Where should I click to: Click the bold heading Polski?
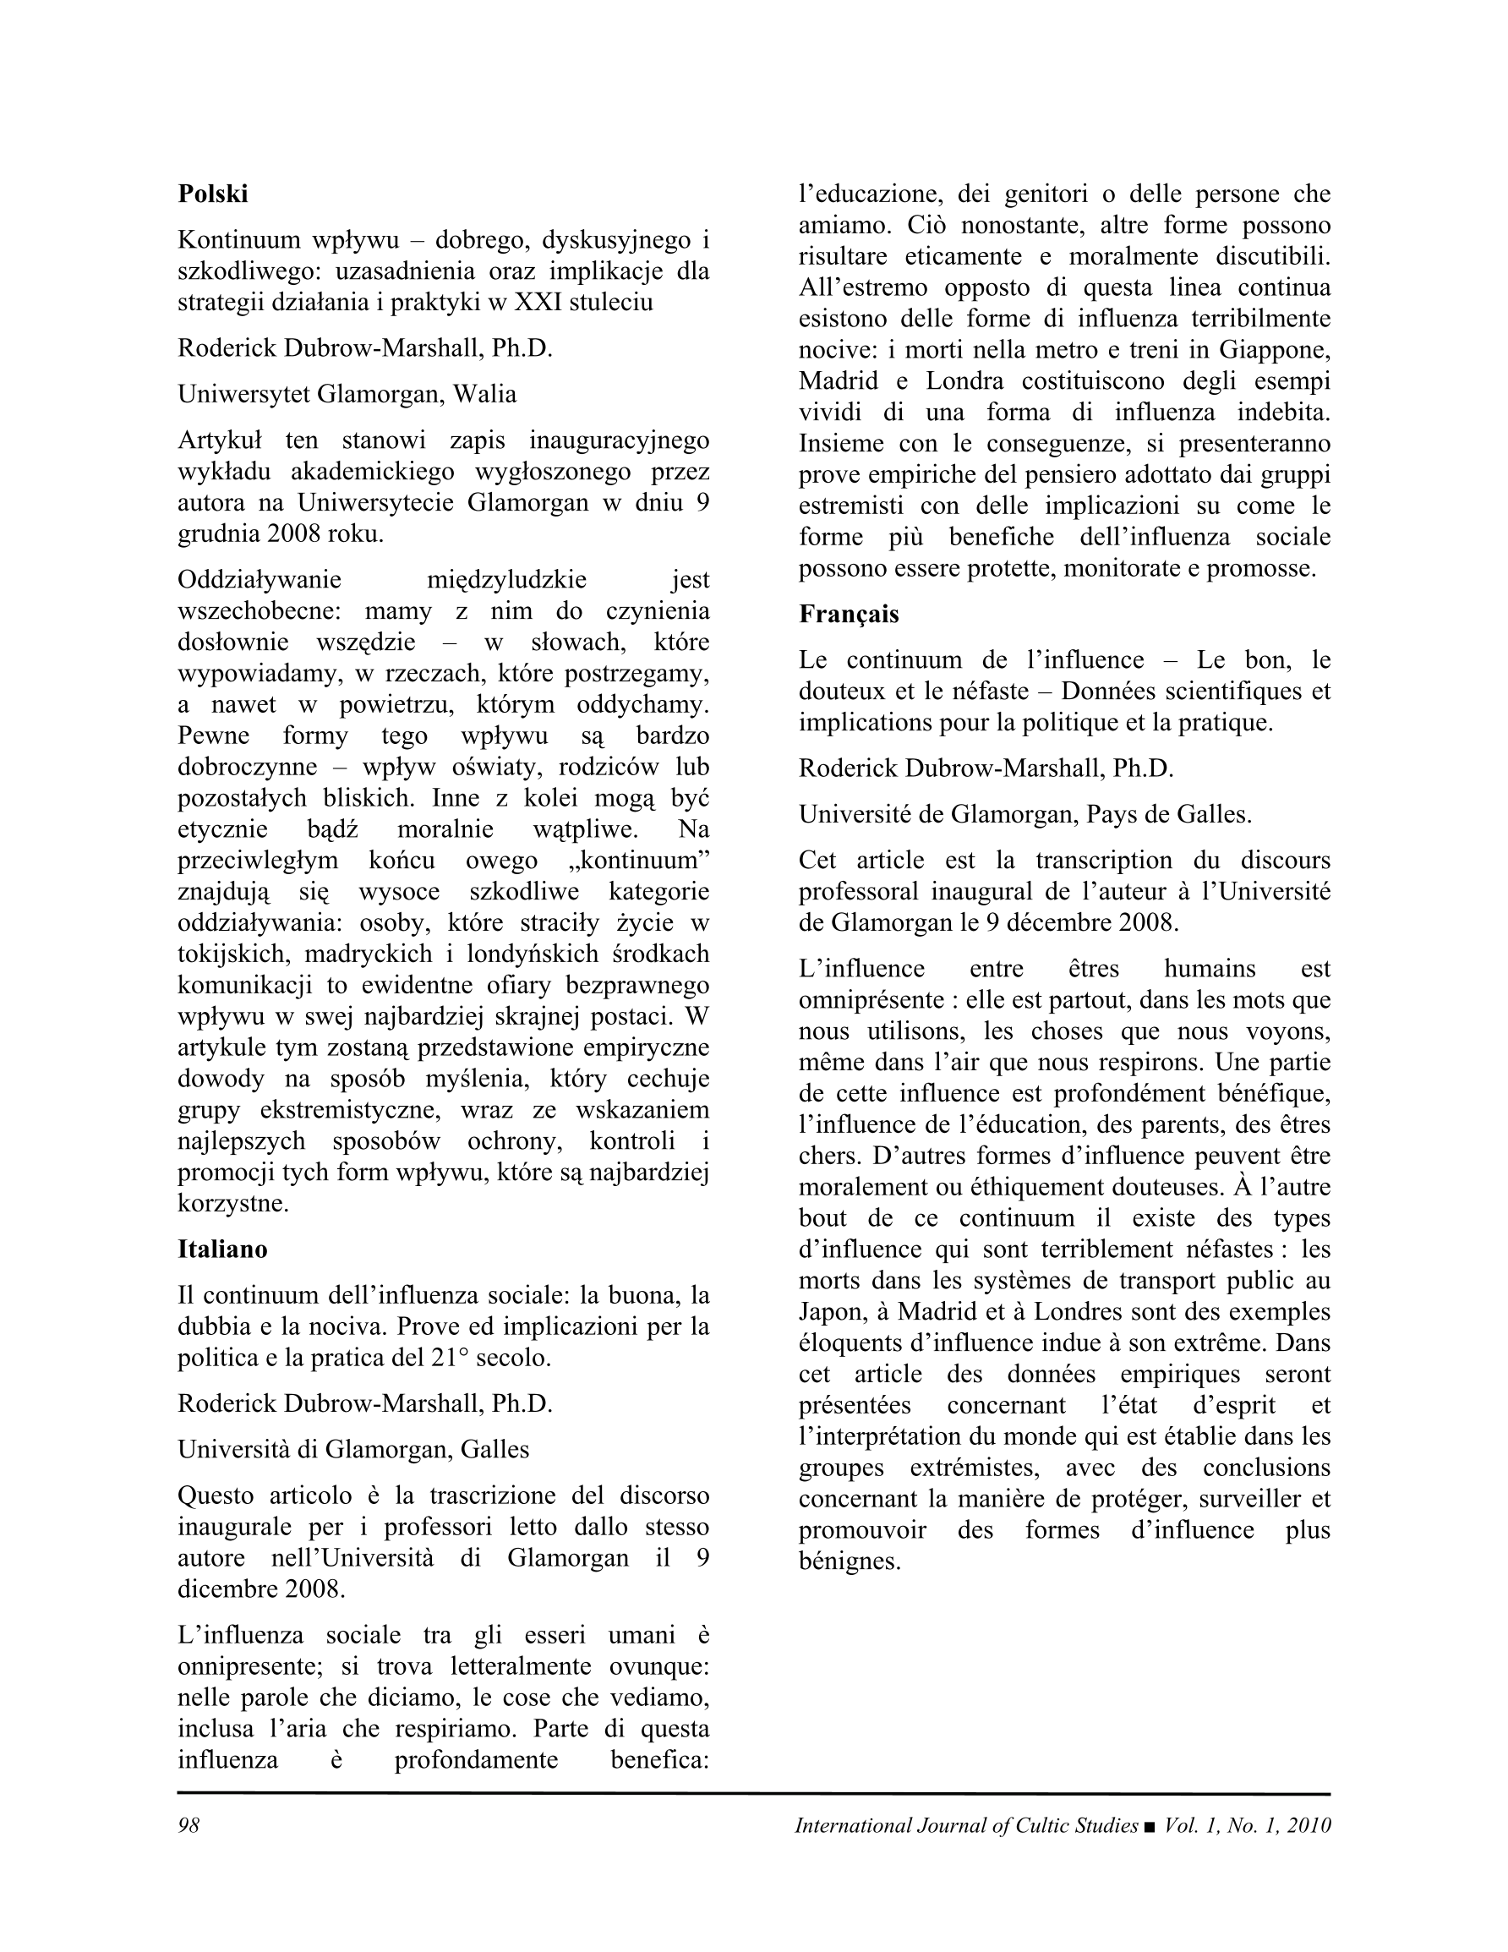click(x=213, y=194)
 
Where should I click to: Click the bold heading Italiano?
click(x=222, y=1249)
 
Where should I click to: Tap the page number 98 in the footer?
click(x=188, y=1825)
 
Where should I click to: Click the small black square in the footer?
click(x=1150, y=1827)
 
